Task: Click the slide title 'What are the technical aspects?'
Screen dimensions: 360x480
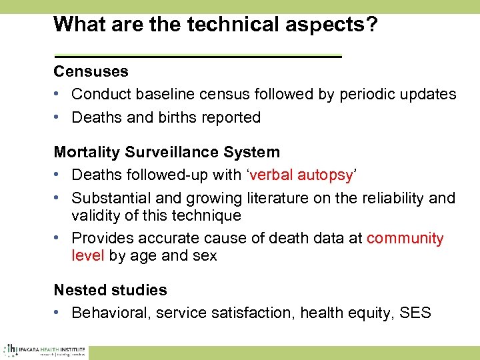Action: point(215,25)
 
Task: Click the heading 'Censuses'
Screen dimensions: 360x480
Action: point(91,71)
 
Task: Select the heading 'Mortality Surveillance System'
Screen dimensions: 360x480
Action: point(167,152)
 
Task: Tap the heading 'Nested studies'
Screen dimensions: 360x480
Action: point(110,290)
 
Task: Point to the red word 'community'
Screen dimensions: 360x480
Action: point(405,239)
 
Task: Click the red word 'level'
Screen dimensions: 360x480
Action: point(87,255)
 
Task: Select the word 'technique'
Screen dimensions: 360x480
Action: point(207,215)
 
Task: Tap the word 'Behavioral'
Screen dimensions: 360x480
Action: point(109,313)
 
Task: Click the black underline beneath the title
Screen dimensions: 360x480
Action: point(197,57)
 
